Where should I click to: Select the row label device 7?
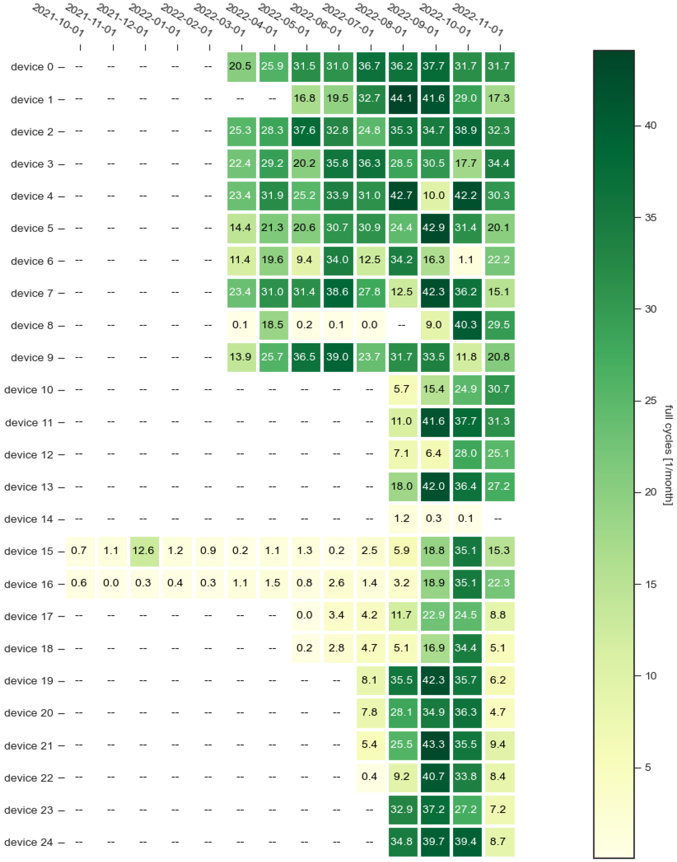point(32,293)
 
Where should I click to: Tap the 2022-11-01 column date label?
point(478,20)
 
